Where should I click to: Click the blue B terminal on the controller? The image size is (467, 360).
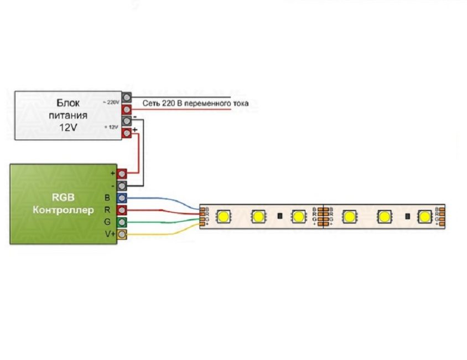click(x=122, y=198)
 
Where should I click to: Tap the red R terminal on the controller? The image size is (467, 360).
click(x=122, y=210)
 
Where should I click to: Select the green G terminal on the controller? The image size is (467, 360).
click(x=122, y=222)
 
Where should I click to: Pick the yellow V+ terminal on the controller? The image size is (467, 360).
click(x=122, y=235)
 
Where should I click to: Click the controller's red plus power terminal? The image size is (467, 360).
click(x=122, y=173)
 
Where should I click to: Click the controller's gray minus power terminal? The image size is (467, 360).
click(x=122, y=186)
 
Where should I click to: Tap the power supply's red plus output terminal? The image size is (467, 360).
click(x=127, y=133)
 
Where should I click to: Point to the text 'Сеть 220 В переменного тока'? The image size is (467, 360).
click(x=195, y=104)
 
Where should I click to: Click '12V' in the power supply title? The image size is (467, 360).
click(x=69, y=127)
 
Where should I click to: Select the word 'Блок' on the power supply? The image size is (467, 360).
click(x=69, y=103)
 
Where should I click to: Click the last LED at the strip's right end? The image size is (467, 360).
click(x=424, y=215)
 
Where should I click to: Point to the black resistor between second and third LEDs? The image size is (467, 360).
click(x=279, y=215)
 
